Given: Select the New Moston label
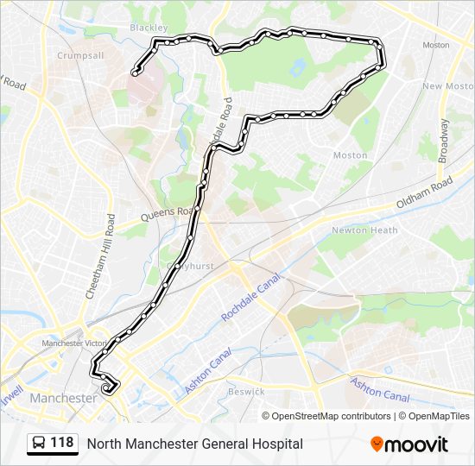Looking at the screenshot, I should (x=448, y=86).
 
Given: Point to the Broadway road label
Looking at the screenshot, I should (x=444, y=141).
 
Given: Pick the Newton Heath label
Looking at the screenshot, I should (x=364, y=230).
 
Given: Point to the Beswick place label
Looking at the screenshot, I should (x=245, y=392).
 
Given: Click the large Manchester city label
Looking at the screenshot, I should (x=63, y=399).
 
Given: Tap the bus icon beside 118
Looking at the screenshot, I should (x=39, y=444).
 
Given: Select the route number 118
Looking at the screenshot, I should (x=61, y=444).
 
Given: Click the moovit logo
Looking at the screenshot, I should (x=409, y=444).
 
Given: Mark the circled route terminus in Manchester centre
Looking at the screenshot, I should (x=108, y=389).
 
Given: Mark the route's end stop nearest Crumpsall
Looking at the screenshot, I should (x=135, y=72).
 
